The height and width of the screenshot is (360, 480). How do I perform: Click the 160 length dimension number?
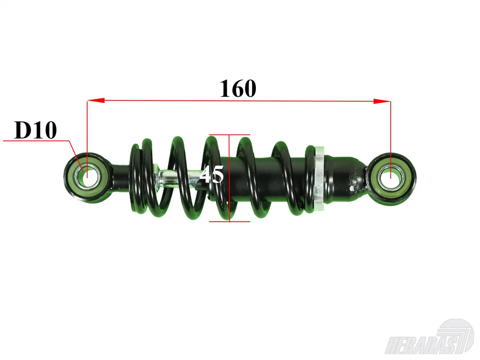pos(238,89)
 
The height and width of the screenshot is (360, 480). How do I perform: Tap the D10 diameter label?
pos(35,130)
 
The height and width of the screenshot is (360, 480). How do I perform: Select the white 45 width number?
pos(212,174)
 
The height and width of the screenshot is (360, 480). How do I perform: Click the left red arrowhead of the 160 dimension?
pos(96,100)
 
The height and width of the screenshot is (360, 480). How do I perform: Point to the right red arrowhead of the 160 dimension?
pos(382,101)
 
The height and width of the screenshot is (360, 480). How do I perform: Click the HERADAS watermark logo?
pos(430,340)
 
